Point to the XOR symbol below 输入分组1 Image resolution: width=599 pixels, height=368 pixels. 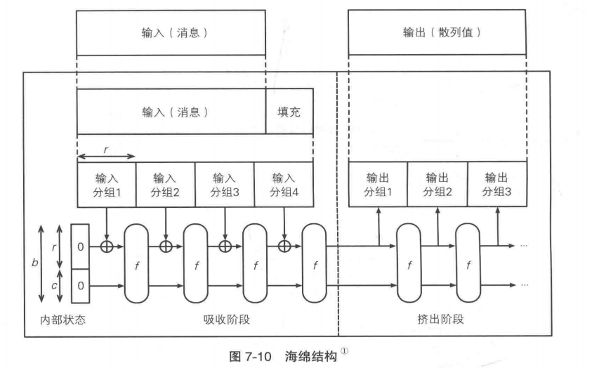[107, 246]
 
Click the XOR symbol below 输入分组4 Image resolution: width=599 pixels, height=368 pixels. [284, 246]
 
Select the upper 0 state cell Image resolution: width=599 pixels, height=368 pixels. [81, 247]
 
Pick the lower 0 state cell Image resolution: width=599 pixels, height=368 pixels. [81, 286]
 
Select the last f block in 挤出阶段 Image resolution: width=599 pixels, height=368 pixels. [468, 265]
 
